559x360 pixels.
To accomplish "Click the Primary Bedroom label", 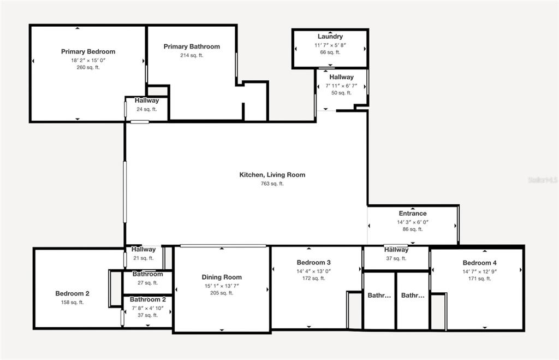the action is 88,52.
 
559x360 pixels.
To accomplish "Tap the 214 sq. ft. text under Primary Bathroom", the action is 192,55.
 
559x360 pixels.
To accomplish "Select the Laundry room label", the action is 330,37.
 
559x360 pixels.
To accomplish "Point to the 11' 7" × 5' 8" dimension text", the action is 330,45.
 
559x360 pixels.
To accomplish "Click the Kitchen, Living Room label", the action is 272,175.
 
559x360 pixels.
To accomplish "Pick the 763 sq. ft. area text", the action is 272,184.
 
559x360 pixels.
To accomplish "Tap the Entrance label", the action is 413,214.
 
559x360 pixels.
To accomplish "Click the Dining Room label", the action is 222,277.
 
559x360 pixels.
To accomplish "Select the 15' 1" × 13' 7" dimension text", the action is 222,286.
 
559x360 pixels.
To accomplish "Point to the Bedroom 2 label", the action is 73,294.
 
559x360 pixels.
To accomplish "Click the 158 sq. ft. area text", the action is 73,303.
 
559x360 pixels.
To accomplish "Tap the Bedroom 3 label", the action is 314,263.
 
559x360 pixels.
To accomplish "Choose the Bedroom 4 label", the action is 479,263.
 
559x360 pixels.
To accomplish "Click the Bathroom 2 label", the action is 147,299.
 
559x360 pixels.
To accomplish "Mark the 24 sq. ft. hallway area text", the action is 146,109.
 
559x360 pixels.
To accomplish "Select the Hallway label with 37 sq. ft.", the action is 396,250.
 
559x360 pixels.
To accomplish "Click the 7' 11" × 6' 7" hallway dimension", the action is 341,86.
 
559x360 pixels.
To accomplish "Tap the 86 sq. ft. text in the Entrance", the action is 413,229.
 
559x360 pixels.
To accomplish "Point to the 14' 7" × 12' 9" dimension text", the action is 479,272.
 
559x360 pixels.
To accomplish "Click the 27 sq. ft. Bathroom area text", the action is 147,283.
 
